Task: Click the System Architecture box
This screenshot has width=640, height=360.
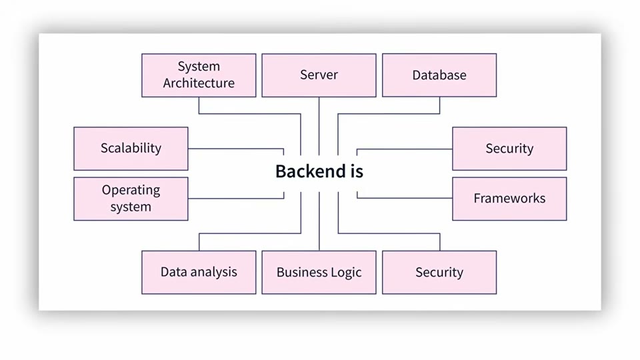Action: coord(199,75)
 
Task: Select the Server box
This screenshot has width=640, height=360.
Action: coord(319,75)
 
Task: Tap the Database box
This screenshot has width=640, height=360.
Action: coord(439,75)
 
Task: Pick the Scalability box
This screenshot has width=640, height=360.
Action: coord(131,149)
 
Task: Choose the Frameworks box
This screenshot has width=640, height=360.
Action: coord(509,199)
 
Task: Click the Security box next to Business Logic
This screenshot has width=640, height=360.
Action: coord(439,272)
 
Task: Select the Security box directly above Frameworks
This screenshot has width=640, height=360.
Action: coord(509,149)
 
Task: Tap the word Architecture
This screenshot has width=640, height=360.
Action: coord(199,83)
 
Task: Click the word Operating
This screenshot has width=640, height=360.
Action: coord(131,190)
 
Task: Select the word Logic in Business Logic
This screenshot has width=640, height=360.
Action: coord(346,272)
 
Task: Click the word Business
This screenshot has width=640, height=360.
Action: coord(301,272)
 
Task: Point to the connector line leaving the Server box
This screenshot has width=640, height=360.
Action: coord(319,126)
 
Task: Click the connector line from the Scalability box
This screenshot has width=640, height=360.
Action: coord(236,149)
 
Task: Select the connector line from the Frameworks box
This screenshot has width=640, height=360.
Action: coord(405,198)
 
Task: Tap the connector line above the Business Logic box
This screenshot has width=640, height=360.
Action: coord(319,221)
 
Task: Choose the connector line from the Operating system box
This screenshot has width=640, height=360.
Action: coord(236,199)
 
